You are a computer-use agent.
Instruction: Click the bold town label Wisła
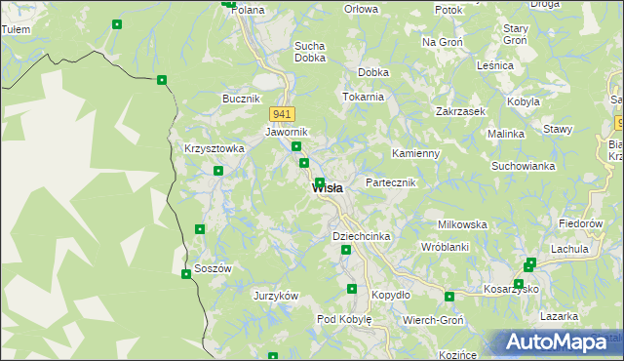pos(327,188)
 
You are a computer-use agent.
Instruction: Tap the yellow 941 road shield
pos(282,113)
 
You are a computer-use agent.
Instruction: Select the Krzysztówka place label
pos(214,148)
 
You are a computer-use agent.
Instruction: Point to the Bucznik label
pos(241,100)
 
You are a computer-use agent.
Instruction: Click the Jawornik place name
pos(287,132)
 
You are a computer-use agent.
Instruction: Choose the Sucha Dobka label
pos(309,52)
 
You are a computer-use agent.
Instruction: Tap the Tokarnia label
pos(362,97)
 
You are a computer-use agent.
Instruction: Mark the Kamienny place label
pos(415,154)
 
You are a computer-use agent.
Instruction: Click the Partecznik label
pos(391,183)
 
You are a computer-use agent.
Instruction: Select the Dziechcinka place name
pos(362,237)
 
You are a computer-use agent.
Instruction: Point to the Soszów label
pos(213,268)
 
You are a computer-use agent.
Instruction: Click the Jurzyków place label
pos(275,296)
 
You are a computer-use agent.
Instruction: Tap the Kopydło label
pos(391,295)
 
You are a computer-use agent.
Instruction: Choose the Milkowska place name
pos(462,224)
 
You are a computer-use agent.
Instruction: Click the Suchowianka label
pos(524,166)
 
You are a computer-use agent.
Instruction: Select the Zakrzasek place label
pos(461,112)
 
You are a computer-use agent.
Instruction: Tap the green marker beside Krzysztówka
pos(218,171)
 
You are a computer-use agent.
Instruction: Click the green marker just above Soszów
pos(200,229)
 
